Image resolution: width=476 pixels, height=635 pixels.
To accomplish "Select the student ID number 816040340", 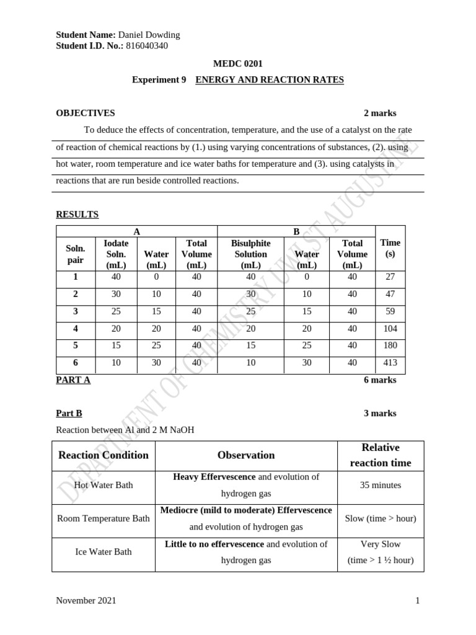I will [x=147, y=45].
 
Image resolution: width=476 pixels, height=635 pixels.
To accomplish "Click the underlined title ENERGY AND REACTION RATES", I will [x=269, y=80].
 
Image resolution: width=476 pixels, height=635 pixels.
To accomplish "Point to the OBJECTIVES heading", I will [x=86, y=113].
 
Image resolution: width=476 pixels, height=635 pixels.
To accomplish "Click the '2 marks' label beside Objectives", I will [x=380, y=113].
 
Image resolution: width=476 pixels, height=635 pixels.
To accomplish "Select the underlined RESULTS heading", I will [x=77, y=215].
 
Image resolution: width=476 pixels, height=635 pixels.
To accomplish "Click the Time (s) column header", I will [x=390, y=248].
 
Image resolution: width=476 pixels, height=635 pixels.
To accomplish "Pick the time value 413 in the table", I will [x=390, y=363].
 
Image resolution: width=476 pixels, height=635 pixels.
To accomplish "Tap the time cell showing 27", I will [x=390, y=277].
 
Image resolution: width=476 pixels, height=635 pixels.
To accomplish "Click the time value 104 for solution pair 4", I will [x=390, y=329].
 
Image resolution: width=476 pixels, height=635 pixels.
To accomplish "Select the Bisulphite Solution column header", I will [x=251, y=254].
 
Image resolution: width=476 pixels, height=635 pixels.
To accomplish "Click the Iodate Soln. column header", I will [x=116, y=254].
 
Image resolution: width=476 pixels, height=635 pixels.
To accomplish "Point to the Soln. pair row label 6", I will [x=75, y=363].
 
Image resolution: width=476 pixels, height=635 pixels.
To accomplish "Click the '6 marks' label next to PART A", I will [x=380, y=380].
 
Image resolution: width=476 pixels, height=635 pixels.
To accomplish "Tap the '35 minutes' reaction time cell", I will [x=381, y=485].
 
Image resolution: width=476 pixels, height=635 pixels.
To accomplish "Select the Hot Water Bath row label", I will [x=103, y=485].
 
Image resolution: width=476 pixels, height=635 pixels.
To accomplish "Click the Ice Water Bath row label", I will [x=103, y=551].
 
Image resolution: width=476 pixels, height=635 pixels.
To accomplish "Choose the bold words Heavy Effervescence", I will [x=214, y=477].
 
